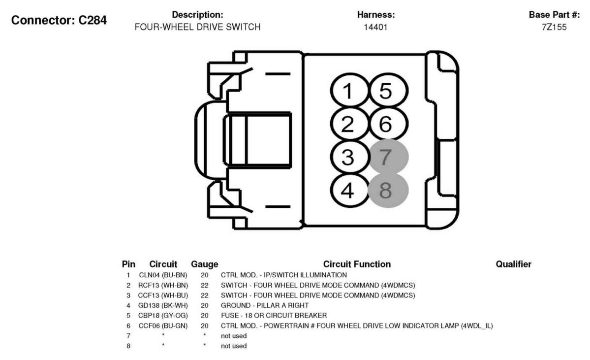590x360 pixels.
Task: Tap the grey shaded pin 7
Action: click(388, 157)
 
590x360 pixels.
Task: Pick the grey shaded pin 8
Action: click(388, 190)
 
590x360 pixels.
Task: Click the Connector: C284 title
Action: click(59, 20)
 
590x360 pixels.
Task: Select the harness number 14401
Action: click(375, 27)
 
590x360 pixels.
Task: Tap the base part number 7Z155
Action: click(554, 27)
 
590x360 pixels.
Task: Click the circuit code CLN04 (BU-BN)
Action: click(163, 275)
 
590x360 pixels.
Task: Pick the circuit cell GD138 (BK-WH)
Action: click(163, 305)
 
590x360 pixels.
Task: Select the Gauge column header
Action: click(204, 264)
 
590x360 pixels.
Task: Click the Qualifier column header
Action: click(513, 264)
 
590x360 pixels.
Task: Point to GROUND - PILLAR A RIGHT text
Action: click(265, 305)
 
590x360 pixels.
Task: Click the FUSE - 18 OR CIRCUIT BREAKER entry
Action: click(274, 316)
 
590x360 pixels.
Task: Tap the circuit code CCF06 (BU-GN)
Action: click(163, 326)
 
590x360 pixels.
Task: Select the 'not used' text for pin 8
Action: click(234, 346)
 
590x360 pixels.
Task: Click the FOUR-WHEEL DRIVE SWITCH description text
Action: click(197, 27)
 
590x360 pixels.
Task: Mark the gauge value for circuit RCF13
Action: click(204, 286)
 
